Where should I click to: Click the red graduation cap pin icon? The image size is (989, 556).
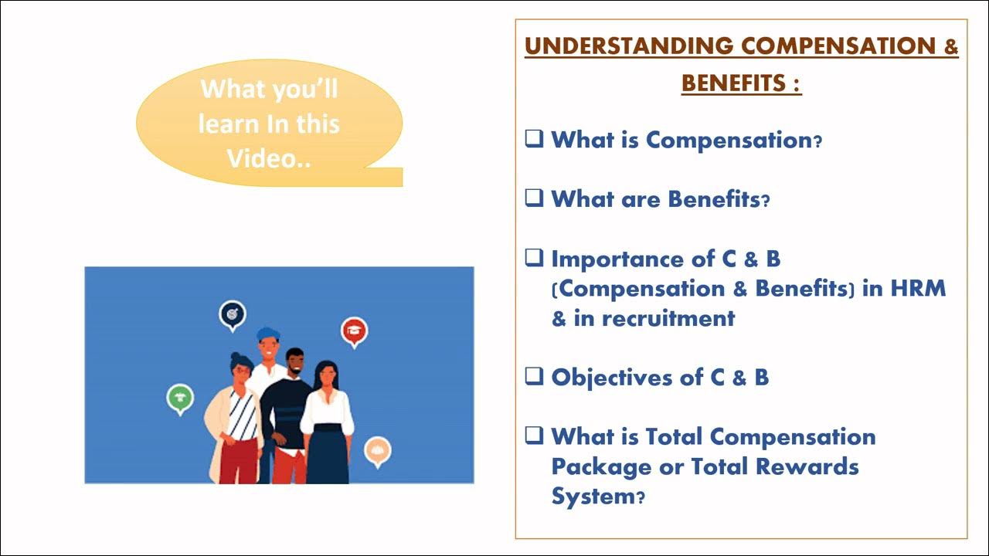click(x=354, y=331)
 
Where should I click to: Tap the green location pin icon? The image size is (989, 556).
click(x=180, y=398)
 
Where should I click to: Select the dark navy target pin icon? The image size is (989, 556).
click(x=232, y=314)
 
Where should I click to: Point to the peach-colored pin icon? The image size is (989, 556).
click(x=377, y=450)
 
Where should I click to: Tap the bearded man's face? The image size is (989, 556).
click(x=295, y=363)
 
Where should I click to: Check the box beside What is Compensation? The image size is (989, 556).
click(x=534, y=139)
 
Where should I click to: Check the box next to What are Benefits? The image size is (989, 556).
click(x=534, y=198)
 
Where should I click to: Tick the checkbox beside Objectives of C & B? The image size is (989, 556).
click(x=534, y=377)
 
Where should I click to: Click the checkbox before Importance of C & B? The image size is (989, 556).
click(x=534, y=258)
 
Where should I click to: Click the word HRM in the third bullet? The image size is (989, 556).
click(x=917, y=288)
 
